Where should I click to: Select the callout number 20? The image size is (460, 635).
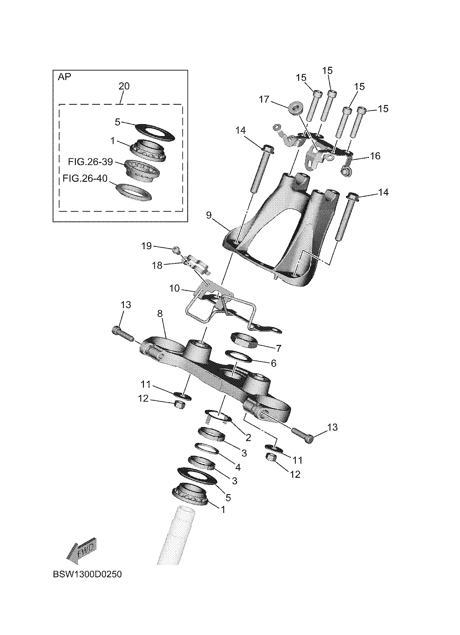(124, 86)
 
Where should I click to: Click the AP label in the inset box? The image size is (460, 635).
(64, 77)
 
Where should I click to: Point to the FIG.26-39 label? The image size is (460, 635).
(90, 162)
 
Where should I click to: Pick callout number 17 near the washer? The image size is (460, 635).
(264, 99)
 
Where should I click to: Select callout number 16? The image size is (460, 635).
(375, 156)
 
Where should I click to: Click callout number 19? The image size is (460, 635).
(147, 246)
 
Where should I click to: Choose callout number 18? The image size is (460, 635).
(157, 265)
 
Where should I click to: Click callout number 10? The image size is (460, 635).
(174, 288)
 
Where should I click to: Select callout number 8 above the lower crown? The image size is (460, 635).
(160, 314)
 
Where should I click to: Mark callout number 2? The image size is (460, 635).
(248, 438)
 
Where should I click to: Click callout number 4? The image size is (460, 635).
(238, 467)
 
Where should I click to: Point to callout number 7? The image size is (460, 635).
(278, 348)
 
